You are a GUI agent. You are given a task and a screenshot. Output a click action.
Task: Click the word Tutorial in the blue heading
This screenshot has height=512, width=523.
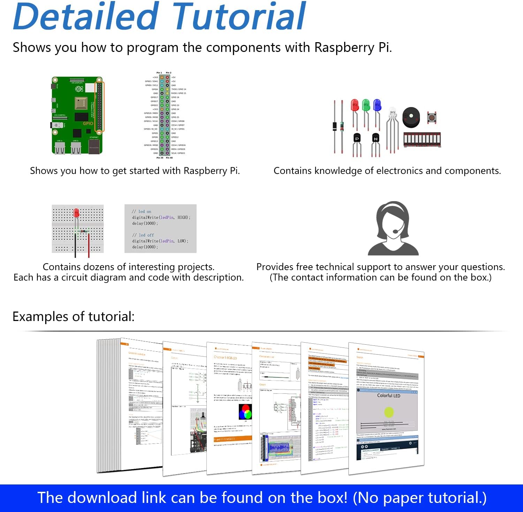pos(239,17)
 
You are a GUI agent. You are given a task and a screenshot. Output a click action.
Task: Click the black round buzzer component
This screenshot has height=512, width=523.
pos(411,117)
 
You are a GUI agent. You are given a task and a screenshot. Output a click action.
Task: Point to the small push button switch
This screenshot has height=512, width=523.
pos(432,118)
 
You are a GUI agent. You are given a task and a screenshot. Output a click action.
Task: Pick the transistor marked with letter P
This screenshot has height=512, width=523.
pos(357,138)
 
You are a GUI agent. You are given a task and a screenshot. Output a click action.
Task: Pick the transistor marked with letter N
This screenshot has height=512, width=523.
pos(376,138)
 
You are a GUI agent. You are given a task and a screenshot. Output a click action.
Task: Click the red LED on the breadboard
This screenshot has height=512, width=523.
pos(76,213)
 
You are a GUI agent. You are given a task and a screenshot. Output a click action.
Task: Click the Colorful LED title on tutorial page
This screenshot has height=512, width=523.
pos(388,396)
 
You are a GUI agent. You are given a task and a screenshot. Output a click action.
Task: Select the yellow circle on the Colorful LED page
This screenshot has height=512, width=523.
pos(388,412)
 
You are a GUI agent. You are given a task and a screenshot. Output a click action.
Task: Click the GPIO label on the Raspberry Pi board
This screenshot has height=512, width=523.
pos(88,123)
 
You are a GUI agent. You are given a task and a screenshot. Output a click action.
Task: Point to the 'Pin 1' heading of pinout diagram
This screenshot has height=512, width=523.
pos(159,73)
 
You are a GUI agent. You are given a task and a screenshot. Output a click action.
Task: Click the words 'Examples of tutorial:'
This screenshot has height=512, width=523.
pos(74,316)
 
